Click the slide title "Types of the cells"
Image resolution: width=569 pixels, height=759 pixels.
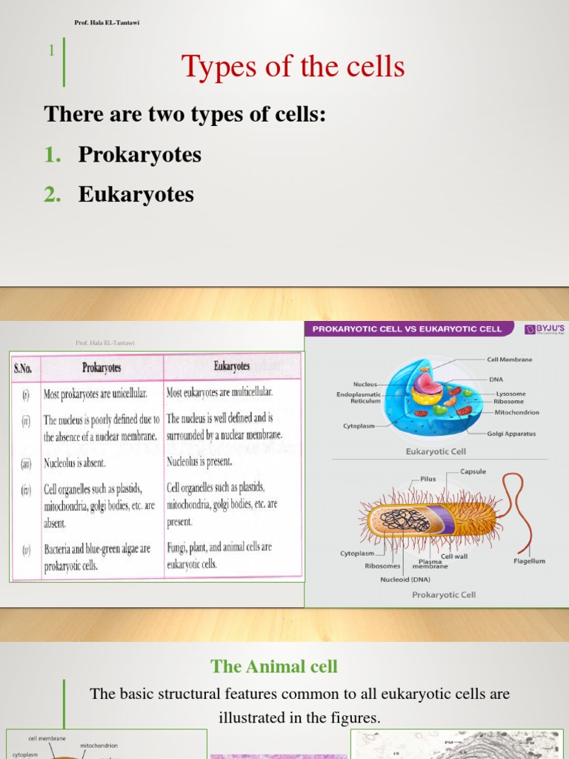coord(293,67)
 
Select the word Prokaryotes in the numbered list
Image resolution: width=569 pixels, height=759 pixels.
coord(140,155)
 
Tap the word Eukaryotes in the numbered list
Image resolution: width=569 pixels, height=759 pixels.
coord(136,194)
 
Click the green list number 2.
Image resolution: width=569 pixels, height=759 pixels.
coord(51,194)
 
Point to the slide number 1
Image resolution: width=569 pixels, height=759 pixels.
coord(51,50)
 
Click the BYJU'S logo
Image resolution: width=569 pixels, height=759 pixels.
coord(545,329)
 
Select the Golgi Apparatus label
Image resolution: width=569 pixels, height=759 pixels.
coord(512,434)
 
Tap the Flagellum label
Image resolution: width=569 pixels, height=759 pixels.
coord(529,561)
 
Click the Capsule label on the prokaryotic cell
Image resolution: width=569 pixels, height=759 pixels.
coord(473,471)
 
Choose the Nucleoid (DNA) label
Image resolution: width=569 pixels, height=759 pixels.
coord(405,580)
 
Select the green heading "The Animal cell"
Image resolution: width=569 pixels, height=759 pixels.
coord(274,666)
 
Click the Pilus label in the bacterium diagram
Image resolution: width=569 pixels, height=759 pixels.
coord(428,479)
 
